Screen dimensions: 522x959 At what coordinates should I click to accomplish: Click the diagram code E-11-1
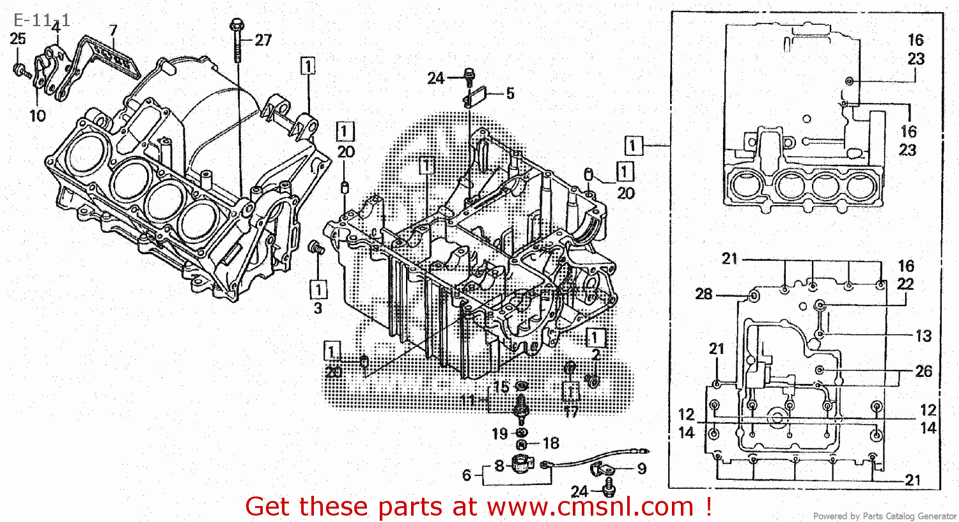42,20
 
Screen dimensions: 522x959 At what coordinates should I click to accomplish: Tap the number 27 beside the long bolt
263,40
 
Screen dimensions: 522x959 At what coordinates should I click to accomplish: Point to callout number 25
18,39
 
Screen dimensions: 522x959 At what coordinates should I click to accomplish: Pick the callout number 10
38,116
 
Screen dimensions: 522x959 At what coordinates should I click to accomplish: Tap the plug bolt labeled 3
315,248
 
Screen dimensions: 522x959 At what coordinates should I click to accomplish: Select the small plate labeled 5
475,98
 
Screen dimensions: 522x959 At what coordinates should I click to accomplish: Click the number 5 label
510,94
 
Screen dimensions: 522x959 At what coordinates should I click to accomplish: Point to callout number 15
501,387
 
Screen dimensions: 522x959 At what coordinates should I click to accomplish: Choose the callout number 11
468,401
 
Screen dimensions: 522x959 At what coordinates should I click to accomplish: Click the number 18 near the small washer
550,443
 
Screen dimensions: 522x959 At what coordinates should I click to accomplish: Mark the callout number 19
500,434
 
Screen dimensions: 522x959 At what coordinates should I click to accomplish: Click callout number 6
467,475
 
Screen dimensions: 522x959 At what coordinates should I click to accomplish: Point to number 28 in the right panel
704,294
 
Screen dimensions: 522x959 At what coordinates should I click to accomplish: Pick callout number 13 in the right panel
923,336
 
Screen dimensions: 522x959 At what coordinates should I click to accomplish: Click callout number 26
924,371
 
